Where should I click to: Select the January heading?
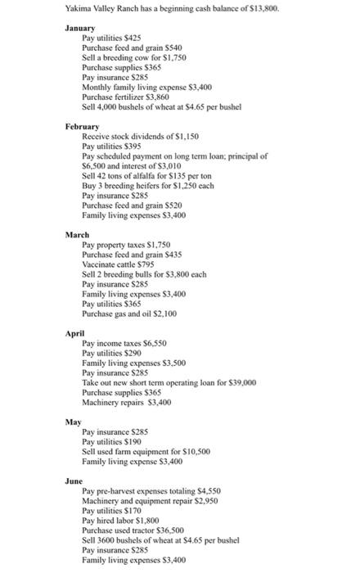point(80,28)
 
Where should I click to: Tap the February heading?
point(82,127)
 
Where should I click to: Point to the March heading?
point(78,235)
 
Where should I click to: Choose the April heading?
point(76,333)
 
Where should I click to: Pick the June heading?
point(75,481)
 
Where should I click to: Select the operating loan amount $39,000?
point(241,381)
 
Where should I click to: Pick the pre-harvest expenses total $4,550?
point(205,491)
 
